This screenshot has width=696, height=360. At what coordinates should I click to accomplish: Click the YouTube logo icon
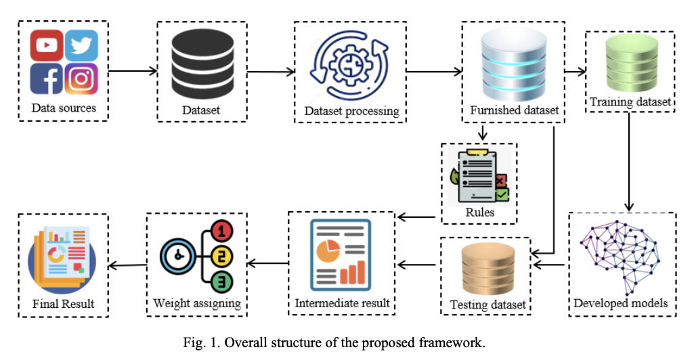(x=47, y=45)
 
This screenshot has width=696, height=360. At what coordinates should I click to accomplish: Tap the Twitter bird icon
(x=81, y=45)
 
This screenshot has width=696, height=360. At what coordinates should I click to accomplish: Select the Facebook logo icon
(x=47, y=78)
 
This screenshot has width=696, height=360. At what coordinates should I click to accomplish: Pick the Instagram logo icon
(x=81, y=78)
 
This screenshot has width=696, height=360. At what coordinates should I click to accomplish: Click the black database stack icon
(x=201, y=64)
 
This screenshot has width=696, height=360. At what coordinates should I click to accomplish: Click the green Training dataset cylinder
(x=629, y=66)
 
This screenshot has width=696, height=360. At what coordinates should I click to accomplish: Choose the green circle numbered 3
(x=222, y=281)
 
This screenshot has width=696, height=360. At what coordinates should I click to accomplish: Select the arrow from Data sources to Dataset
(x=132, y=70)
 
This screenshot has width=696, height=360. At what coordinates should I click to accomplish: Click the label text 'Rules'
(x=479, y=212)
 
